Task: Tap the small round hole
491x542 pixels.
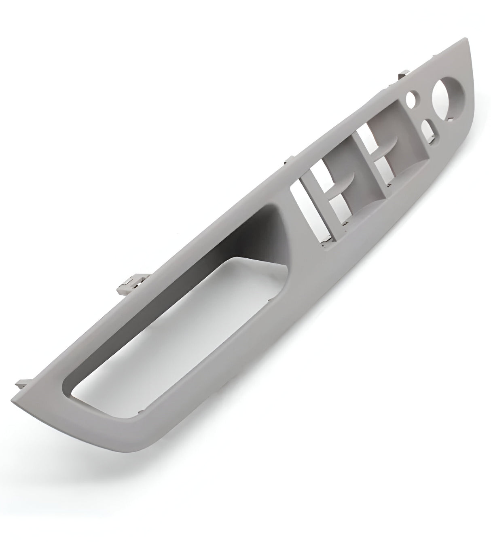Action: (412, 99)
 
